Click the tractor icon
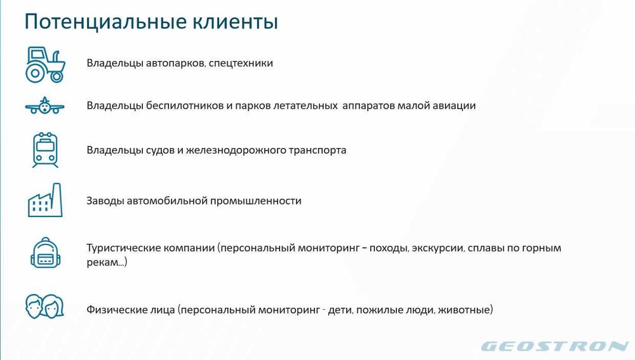tap(45, 64)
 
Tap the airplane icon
tap(45, 106)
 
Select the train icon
tap(45, 150)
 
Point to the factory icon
tap(45, 201)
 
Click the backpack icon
tap(45, 253)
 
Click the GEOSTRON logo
tap(554, 347)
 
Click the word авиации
tap(454, 106)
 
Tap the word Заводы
tap(105, 201)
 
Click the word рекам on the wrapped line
tap(102, 262)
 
